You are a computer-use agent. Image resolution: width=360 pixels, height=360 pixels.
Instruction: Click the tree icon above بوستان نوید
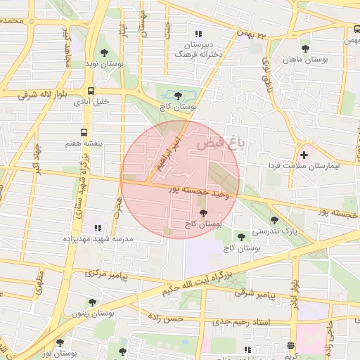tap(104, 53)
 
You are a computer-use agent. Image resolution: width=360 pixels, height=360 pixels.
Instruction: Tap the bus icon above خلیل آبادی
tap(91, 90)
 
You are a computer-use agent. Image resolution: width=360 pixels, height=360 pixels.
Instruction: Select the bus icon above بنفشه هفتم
tap(84, 131)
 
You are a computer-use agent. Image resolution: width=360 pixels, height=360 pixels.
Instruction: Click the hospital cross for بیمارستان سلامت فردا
tap(304, 155)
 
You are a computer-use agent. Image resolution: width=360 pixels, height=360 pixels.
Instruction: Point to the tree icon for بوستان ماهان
tap(304, 49)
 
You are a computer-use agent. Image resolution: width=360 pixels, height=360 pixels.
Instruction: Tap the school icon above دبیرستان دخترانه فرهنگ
tap(198, 33)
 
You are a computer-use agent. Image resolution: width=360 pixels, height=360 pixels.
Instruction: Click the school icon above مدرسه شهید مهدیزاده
tap(97, 228)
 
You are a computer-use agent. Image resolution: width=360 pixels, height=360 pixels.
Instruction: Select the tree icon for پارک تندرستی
tap(274, 220)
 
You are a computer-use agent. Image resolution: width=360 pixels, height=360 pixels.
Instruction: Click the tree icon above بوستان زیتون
tap(91, 302)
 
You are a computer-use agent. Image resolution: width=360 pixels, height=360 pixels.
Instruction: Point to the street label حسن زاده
tap(167, 319)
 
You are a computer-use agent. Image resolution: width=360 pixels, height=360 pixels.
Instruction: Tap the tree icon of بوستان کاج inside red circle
tap(203, 213)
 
